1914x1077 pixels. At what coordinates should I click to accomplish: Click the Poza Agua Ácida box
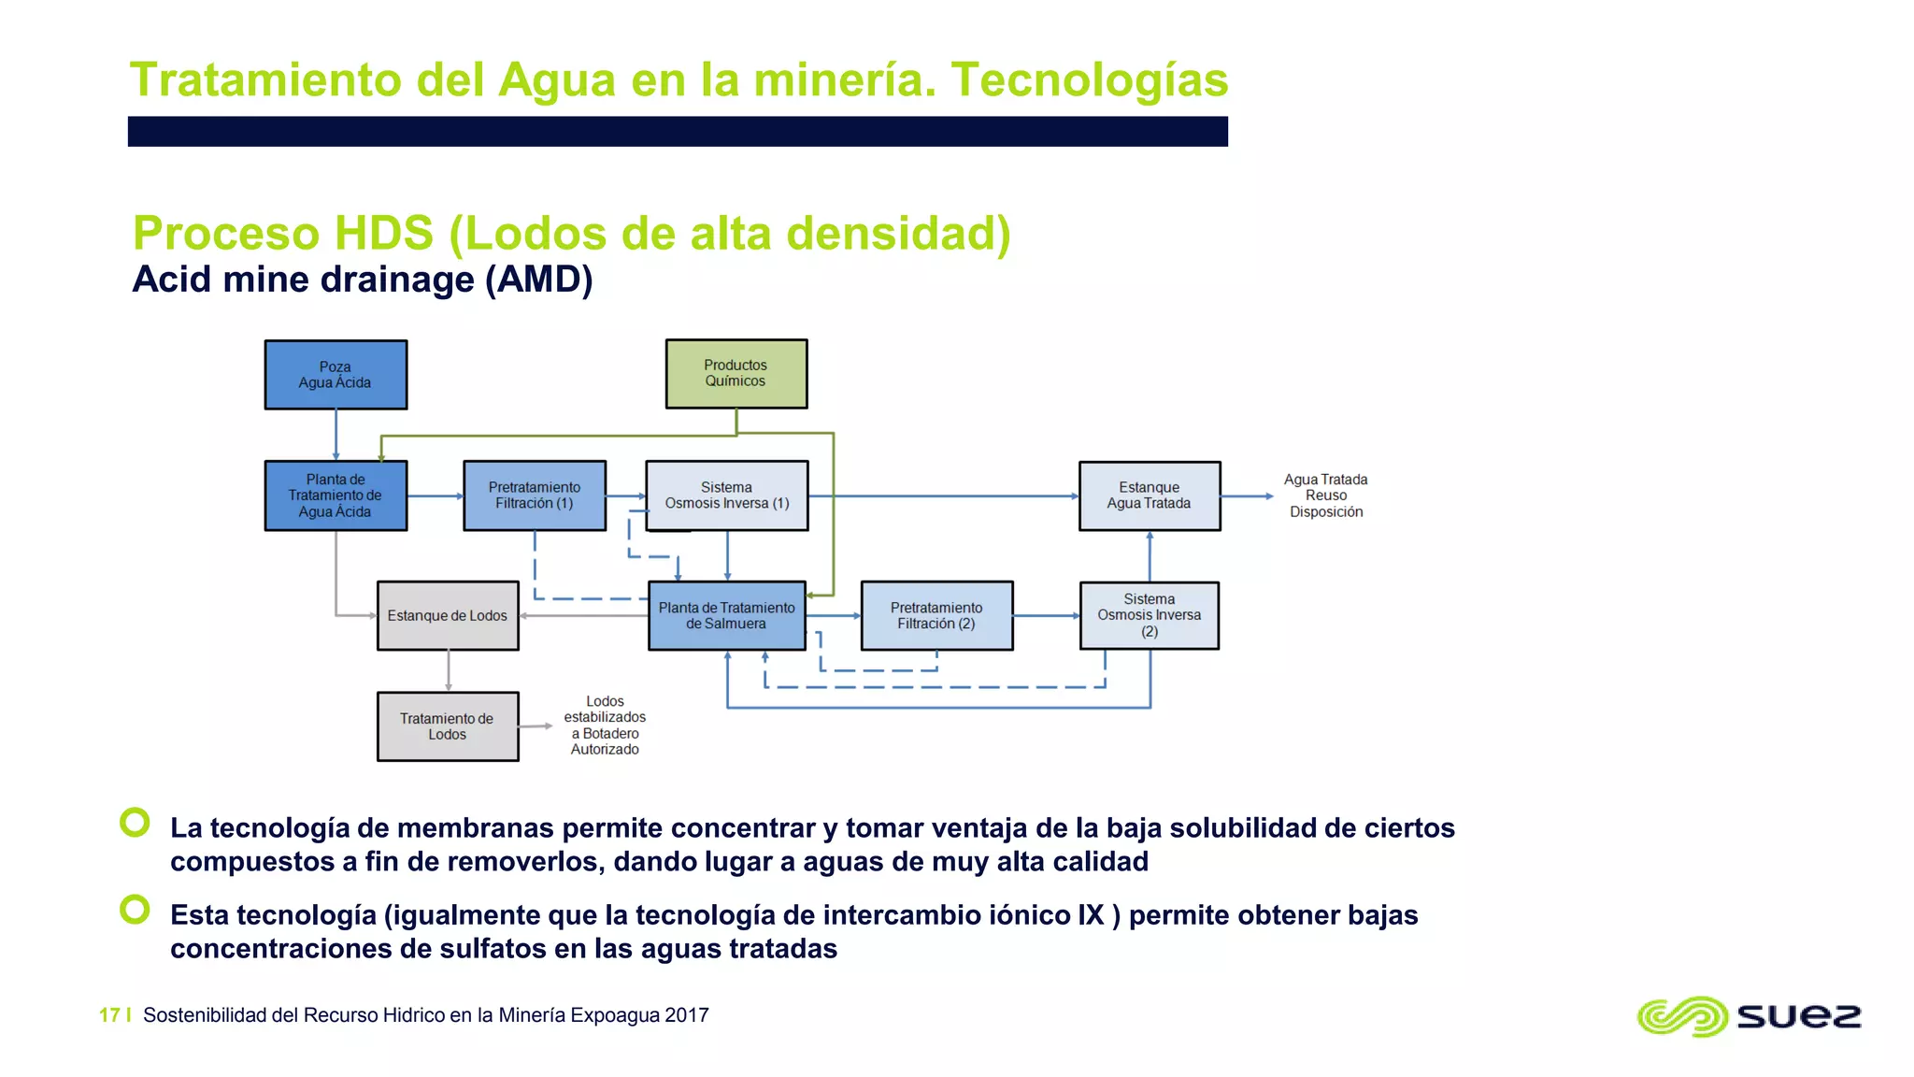[336, 375]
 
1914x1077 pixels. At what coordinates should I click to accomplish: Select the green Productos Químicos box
[736, 374]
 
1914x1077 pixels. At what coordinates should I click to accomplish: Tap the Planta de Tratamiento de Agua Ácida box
[336, 495]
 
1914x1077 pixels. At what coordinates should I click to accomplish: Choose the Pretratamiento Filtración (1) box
[535, 495]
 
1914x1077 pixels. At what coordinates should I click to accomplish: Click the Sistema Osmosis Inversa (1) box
[727, 495]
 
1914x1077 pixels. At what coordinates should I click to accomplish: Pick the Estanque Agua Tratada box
[1150, 495]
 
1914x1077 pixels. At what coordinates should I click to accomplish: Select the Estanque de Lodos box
[448, 615]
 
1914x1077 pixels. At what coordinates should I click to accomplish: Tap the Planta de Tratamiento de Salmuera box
[727, 615]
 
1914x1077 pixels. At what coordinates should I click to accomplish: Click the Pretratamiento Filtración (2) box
[936, 615]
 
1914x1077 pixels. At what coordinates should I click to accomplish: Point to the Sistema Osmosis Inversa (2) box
[1150, 615]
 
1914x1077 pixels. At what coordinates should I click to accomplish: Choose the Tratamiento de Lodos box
[448, 726]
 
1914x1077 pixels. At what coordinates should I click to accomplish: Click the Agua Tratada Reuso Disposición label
[1325, 495]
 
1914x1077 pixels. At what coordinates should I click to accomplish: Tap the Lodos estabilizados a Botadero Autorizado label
[605, 725]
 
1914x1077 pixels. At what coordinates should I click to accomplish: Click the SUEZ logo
[1749, 1016]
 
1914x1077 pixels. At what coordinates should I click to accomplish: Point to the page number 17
[109, 1015]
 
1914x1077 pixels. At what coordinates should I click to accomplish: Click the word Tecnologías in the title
[1089, 79]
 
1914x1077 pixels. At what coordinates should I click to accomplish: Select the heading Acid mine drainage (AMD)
[363, 280]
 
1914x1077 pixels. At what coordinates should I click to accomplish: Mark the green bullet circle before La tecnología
[136, 823]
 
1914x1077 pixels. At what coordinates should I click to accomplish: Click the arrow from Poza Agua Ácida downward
[336, 435]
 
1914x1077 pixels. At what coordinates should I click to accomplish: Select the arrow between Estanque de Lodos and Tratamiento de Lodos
[449, 670]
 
